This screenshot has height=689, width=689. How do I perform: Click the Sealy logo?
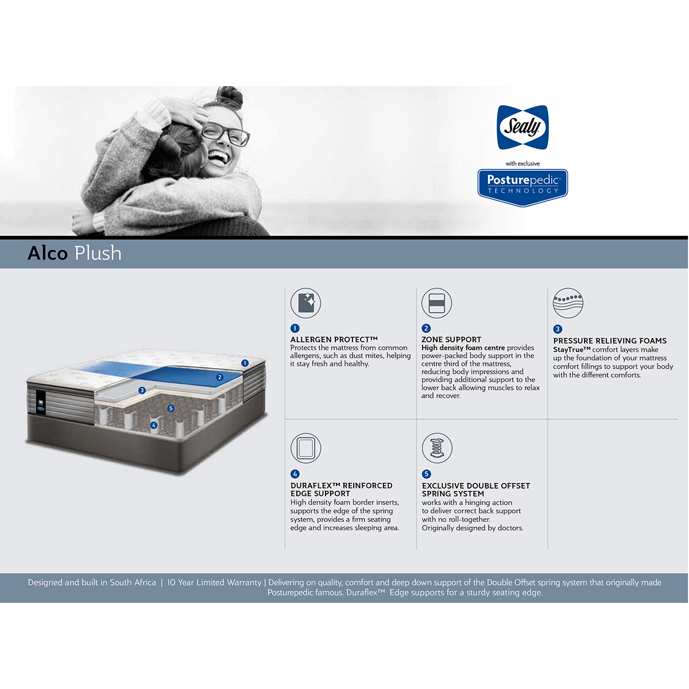pyautogui.click(x=522, y=127)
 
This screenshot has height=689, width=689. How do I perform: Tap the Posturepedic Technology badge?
pyautogui.click(x=522, y=187)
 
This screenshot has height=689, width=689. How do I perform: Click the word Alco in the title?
pyautogui.click(x=48, y=253)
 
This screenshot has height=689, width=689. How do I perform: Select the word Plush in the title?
pyautogui.click(x=98, y=253)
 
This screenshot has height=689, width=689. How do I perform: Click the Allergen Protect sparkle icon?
pyautogui.click(x=305, y=303)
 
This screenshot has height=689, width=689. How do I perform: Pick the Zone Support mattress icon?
pyautogui.click(x=436, y=303)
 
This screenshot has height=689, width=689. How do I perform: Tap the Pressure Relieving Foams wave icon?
pyautogui.click(x=568, y=303)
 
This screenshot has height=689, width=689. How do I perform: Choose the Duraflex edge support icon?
pyautogui.click(x=305, y=448)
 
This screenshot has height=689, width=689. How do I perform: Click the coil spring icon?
pyautogui.click(x=437, y=448)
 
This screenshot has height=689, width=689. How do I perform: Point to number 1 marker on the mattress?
pyautogui.click(x=245, y=363)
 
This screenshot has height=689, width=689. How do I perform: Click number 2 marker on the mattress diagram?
pyautogui.click(x=220, y=377)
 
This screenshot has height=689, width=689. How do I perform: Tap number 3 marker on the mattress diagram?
pyautogui.click(x=142, y=390)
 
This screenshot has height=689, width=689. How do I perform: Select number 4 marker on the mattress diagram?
pyautogui.click(x=154, y=425)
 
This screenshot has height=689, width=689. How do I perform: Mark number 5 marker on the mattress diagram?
pyautogui.click(x=171, y=408)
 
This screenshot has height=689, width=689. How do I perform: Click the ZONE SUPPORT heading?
pyautogui.click(x=451, y=339)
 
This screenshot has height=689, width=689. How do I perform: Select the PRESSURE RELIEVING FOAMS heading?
pyautogui.click(x=610, y=340)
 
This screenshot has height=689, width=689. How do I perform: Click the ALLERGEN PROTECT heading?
pyautogui.click(x=334, y=339)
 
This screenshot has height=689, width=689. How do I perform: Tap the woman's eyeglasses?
pyautogui.click(x=225, y=134)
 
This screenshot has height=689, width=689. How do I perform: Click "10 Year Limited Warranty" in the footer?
pyautogui.click(x=214, y=582)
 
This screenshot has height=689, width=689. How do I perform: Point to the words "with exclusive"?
pyautogui.click(x=522, y=164)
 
